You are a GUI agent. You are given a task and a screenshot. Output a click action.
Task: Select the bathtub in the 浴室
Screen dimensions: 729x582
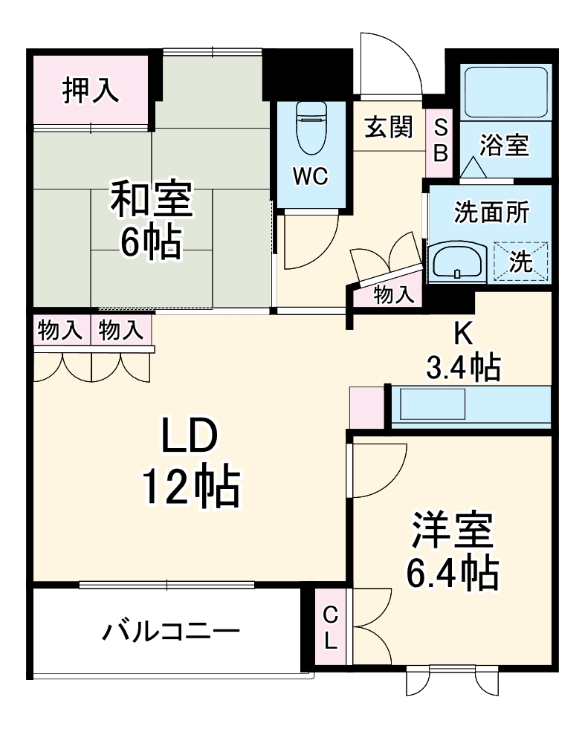point(504,91)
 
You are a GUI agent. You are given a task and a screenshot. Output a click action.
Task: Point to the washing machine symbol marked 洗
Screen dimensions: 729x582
point(521,261)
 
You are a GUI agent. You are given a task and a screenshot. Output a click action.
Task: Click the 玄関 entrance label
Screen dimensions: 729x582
point(388,128)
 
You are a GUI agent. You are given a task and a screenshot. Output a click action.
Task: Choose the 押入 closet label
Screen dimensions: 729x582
point(89,90)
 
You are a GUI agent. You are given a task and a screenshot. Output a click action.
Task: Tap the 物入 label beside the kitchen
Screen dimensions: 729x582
point(393,295)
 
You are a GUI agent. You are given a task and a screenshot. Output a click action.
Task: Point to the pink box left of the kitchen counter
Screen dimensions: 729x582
point(366,406)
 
